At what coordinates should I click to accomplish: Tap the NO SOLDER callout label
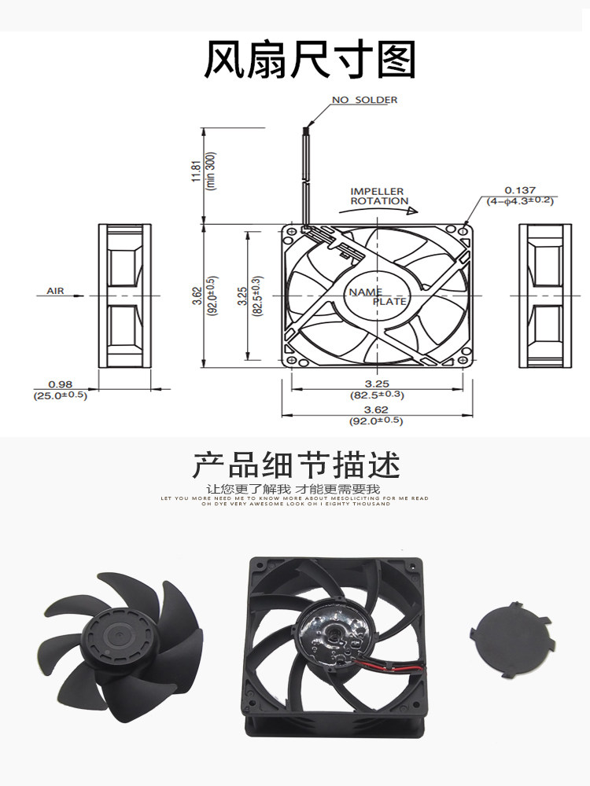(x=364, y=100)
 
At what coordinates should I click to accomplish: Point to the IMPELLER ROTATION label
(x=378, y=196)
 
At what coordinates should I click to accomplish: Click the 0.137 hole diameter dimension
(x=520, y=190)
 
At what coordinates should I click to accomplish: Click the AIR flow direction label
(x=55, y=291)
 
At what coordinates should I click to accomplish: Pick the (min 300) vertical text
(x=210, y=171)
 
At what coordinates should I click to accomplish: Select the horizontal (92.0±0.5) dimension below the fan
(x=375, y=421)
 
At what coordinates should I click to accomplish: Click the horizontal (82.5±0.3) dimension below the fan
(x=375, y=395)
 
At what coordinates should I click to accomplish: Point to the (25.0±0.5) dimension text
(x=60, y=395)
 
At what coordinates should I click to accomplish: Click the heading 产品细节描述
(x=296, y=465)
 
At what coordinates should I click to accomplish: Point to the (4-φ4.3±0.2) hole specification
(x=520, y=200)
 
